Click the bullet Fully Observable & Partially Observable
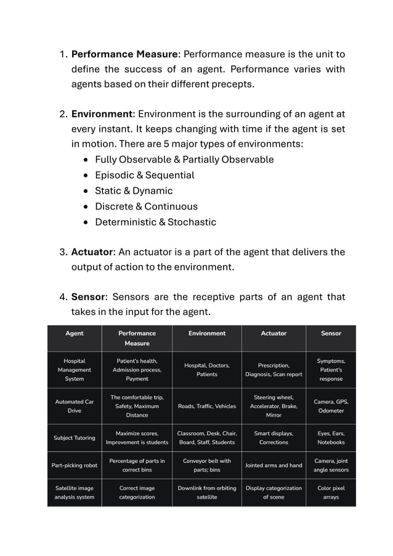184,160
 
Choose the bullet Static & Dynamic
134,190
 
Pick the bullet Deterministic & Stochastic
155,222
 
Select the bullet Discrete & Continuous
146,206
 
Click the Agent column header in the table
75,333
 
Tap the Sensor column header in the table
331,333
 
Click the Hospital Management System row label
75,370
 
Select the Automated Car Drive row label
75,406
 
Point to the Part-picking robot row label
75,465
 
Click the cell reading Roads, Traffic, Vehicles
206,406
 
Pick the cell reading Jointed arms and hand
273,465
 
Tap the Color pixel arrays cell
331,492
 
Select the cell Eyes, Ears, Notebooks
331,438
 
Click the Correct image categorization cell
137,492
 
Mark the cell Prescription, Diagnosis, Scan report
273,370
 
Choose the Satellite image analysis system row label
75,492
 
